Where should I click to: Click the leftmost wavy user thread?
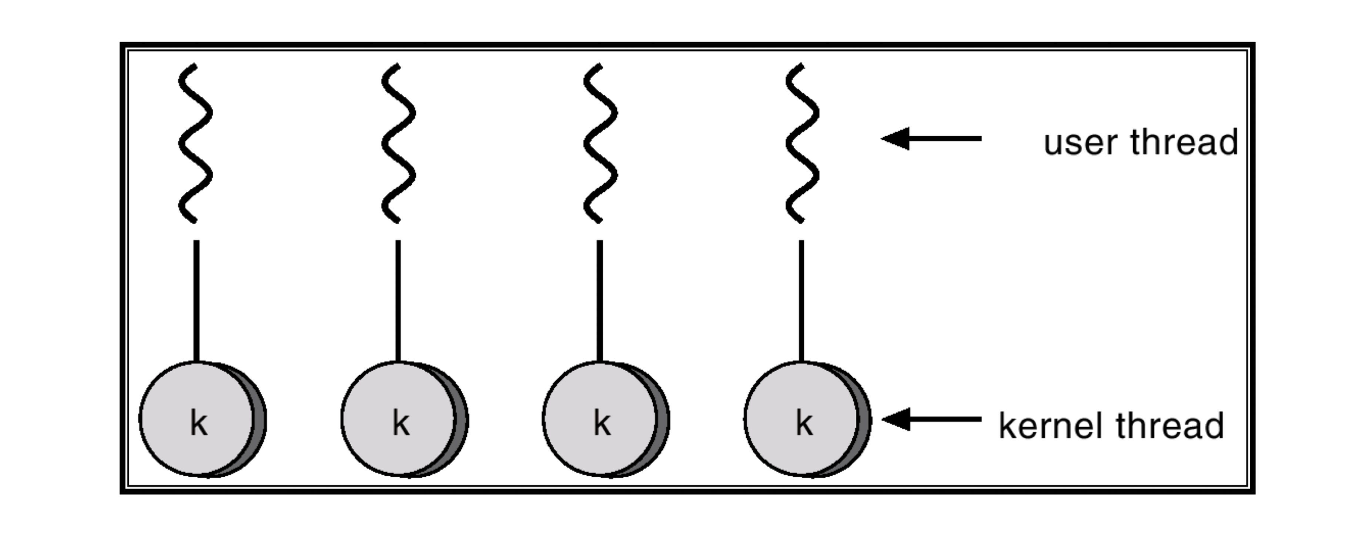[x=195, y=144]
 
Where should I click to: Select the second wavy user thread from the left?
[x=398, y=144]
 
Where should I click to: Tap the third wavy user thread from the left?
[x=600, y=144]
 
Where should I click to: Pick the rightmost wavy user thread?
[x=802, y=144]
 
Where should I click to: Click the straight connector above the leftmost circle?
[x=197, y=300]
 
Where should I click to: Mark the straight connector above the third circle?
[x=600, y=300]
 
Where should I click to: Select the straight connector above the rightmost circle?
[x=801, y=300]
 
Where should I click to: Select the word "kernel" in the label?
[x=1052, y=426]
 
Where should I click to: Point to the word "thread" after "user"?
[x=1185, y=143]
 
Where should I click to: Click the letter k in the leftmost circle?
[x=199, y=424]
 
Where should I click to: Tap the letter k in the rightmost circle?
[x=804, y=424]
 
